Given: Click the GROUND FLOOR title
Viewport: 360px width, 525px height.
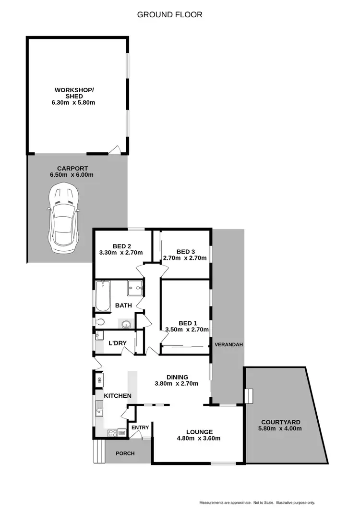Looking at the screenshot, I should [169, 15].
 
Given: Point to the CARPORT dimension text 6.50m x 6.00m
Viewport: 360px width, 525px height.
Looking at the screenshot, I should [72, 175].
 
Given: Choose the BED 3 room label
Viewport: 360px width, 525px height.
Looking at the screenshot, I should [186, 251].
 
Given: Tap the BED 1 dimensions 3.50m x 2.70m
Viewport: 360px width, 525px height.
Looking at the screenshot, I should [187, 330].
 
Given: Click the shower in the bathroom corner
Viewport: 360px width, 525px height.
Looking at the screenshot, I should [135, 288].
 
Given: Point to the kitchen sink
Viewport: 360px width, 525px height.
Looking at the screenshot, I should [100, 411].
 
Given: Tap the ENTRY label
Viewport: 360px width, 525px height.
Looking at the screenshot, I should [140, 427].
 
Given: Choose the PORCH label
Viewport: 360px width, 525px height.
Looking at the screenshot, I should [125, 453].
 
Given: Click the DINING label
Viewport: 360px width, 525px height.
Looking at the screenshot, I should [177, 377].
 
